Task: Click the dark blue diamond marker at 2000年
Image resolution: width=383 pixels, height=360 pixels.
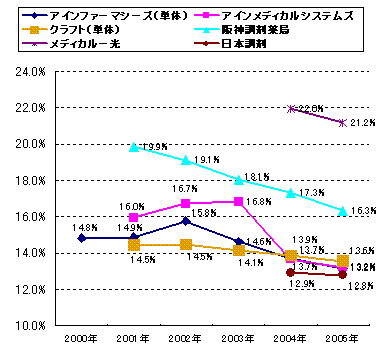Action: [x=80, y=238]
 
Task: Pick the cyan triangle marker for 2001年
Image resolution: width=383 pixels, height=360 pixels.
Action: [x=133, y=147]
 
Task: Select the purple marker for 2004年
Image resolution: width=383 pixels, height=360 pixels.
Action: [x=291, y=109]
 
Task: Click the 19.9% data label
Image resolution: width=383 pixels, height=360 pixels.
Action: [x=153, y=147]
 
